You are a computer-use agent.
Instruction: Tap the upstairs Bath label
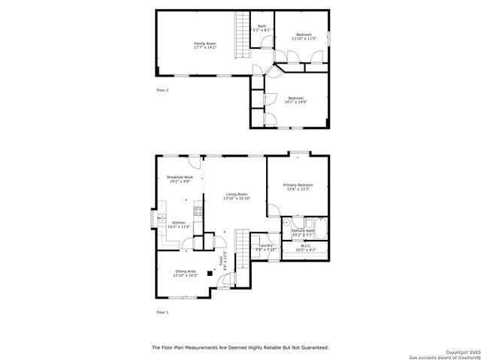pos(262,26)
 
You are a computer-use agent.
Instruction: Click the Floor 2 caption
pos(162,90)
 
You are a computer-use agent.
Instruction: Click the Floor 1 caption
pos(162,311)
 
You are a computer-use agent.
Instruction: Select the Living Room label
pos(237,194)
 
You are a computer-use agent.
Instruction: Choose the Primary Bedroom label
pos(298,184)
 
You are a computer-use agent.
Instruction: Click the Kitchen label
pos(179,223)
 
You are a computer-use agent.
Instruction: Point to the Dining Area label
pos(186,271)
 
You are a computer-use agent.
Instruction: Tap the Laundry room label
pos(265,245)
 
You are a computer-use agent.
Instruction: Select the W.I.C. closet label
pos(305,245)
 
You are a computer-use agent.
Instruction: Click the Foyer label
pos(221,262)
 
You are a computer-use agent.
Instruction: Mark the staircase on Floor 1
pos(241,249)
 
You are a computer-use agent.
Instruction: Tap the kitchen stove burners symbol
pos(198,211)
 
